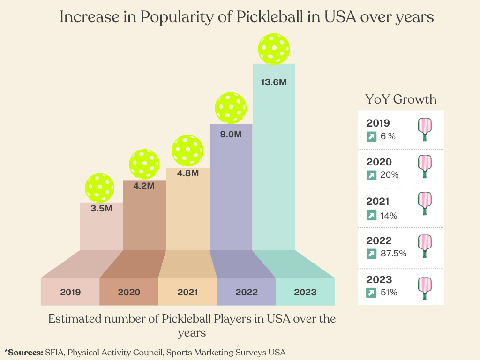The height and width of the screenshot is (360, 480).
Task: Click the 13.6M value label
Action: tap(274, 82)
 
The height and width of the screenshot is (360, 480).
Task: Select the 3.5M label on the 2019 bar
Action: tap(102, 208)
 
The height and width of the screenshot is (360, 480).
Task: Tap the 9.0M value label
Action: tap(231, 134)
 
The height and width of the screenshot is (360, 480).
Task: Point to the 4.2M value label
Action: tap(144, 186)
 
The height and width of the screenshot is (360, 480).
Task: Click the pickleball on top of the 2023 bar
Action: tap(274, 49)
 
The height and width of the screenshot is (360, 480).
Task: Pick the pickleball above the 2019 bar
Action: tap(100, 188)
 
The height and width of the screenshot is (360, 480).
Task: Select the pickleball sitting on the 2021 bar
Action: tap(187, 151)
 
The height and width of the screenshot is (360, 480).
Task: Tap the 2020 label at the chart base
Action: tap(129, 292)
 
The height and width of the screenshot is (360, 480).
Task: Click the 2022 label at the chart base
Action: tap(247, 292)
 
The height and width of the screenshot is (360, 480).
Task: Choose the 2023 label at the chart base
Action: tap(305, 292)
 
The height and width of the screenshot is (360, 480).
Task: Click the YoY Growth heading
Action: tap(401, 99)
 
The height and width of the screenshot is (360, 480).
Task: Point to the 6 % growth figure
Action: tap(388, 136)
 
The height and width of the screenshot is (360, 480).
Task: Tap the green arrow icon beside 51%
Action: tap(371, 292)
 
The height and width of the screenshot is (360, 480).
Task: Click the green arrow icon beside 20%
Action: tap(371, 175)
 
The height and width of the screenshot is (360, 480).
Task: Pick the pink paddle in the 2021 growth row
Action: tap(425, 203)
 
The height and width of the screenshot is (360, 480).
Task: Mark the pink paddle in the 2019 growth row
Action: tap(425, 129)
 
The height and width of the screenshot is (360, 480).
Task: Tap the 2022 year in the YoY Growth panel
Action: tap(379, 241)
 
